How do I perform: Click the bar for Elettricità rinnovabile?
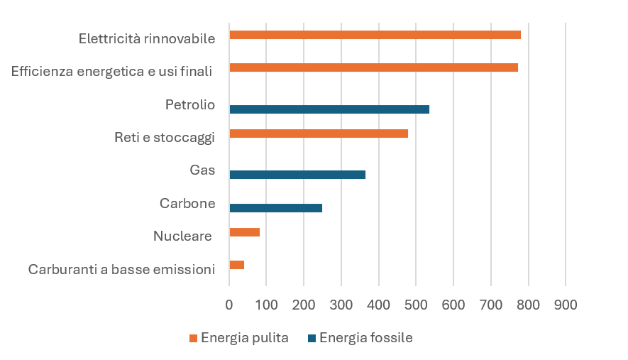click(x=375, y=35)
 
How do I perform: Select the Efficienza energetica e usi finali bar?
click(x=373, y=67)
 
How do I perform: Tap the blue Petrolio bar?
click(x=329, y=109)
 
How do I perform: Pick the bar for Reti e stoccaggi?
click(x=319, y=133)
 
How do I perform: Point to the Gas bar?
click(x=297, y=175)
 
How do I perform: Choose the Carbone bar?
click(x=275, y=208)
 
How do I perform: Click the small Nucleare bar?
click(x=245, y=232)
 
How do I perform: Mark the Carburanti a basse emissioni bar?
click(x=237, y=265)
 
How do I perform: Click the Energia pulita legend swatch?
click(x=193, y=338)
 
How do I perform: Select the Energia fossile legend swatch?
click(x=312, y=338)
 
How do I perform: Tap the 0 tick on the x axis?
click(x=229, y=305)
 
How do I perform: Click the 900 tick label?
click(x=566, y=305)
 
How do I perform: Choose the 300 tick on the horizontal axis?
click(x=341, y=305)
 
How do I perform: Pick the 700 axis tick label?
click(x=490, y=305)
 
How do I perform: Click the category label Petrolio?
click(x=189, y=105)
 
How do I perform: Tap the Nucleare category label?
click(x=182, y=236)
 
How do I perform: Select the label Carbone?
click(x=187, y=204)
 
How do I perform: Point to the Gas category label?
click(x=202, y=170)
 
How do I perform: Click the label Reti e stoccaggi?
click(x=164, y=138)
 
